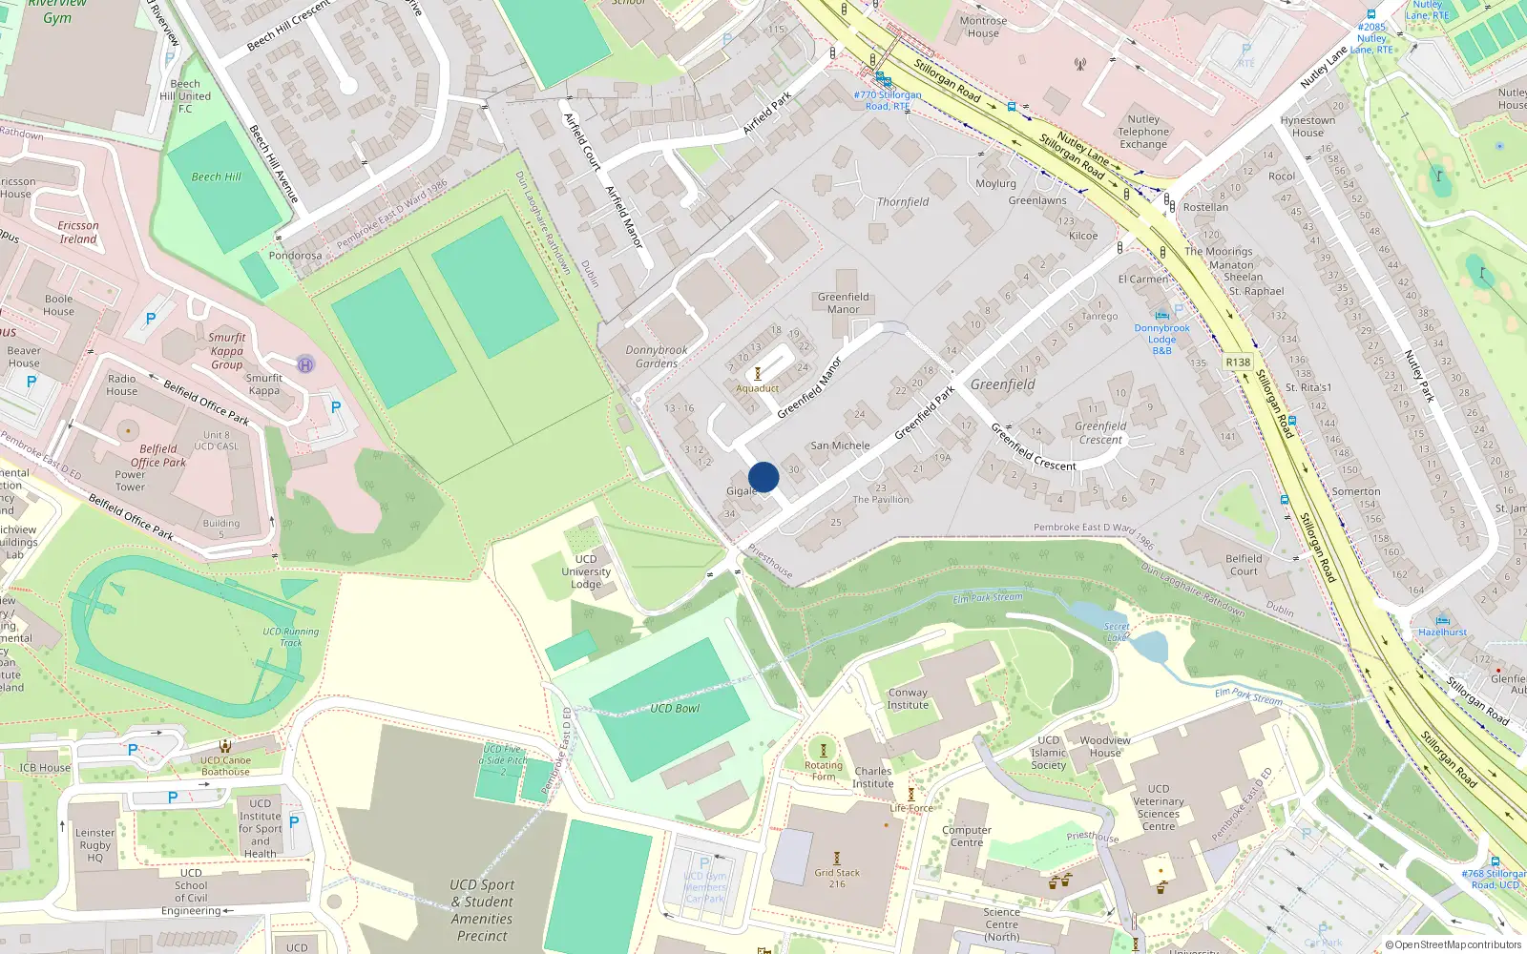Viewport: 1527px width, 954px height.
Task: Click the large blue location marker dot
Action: pos(763,477)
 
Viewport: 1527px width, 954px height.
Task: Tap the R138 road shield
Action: pos(1238,363)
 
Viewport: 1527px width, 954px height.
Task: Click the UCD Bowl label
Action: pos(675,709)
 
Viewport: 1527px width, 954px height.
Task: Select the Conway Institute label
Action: pos(908,699)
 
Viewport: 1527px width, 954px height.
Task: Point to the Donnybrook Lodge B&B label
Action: pos(1161,339)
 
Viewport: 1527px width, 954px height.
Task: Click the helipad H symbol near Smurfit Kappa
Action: pos(305,364)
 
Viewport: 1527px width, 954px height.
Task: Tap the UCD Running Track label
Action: pos(291,636)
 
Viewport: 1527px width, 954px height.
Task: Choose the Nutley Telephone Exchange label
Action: pos(1143,132)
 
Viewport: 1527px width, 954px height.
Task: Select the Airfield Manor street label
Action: pos(624,217)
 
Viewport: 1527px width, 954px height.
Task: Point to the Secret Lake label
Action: pos(1117,632)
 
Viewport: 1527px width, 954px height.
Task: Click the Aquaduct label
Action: pos(758,388)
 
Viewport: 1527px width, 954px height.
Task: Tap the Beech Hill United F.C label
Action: pos(185,96)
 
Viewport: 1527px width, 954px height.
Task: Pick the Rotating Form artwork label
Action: pos(824,771)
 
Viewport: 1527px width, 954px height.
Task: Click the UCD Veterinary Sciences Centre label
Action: pos(1159,807)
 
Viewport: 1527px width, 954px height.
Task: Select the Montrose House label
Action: pos(983,27)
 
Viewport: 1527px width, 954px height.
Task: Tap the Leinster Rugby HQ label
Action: pos(94,845)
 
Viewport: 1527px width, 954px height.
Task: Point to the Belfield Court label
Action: pos(1244,565)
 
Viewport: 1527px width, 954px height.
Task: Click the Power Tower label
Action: pos(130,481)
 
